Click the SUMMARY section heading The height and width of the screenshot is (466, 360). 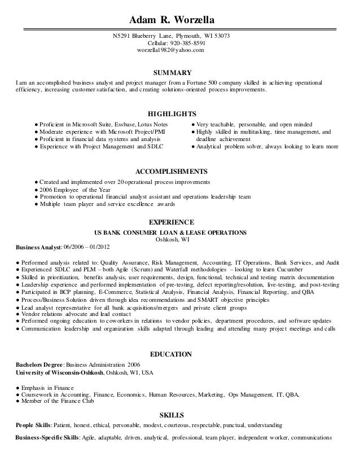coord(173,73)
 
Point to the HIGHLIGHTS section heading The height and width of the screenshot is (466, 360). coord(172,113)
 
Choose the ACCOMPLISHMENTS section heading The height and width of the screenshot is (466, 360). coord(173,170)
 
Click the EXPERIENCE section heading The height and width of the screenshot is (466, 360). coord(173,222)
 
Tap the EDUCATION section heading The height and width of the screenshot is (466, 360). coord(172,354)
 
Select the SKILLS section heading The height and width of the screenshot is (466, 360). coord(173,415)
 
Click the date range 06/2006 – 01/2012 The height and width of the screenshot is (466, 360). coord(87,247)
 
